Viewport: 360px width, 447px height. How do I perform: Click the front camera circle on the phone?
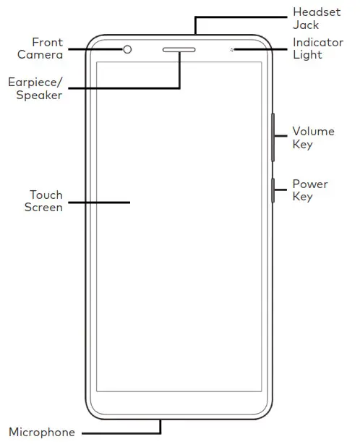click(x=128, y=49)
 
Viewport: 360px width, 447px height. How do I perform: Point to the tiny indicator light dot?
click(x=231, y=50)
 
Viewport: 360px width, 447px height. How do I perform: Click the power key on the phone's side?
click(x=273, y=190)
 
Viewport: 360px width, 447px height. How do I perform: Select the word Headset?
click(x=316, y=12)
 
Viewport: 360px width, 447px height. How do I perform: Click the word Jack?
click(x=305, y=25)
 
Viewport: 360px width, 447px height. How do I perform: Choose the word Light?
click(x=307, y=55)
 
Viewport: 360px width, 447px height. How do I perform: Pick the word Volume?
click(x=313, y=131)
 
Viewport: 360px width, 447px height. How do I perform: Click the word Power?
click(x=310, y=184)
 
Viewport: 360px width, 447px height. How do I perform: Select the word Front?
click(x=47, y=43)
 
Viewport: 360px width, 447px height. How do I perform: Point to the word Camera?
click(x=40, y=55)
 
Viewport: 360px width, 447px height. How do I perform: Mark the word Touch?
click(x=46, y=195)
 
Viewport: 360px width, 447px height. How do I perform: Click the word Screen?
click(x=43, y=208)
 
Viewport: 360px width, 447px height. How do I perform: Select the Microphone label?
click(x=42, y=433)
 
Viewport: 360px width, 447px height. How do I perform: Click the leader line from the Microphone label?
click(x=119, y=433)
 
